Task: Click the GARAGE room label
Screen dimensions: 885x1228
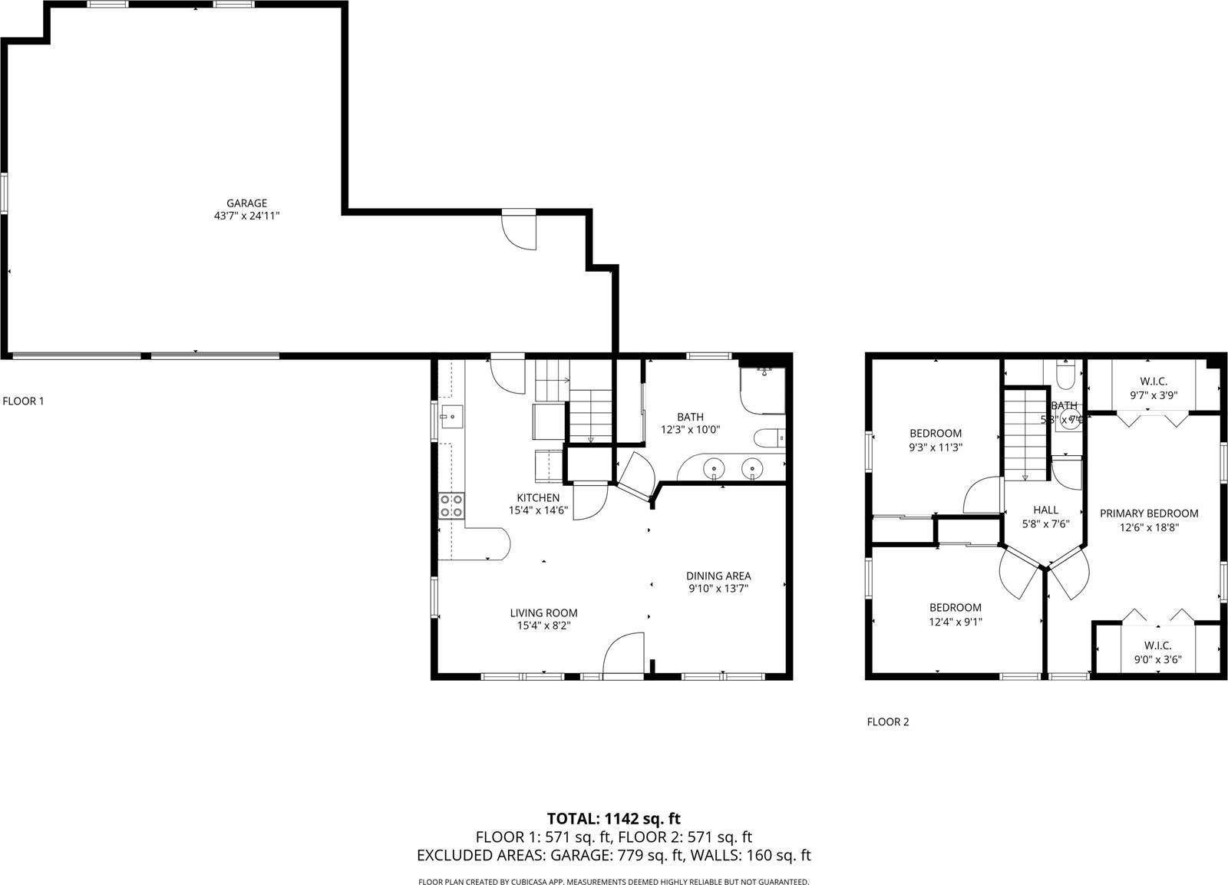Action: [x=246, y=203]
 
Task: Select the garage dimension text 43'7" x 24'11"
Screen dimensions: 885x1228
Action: [x=246, y=216]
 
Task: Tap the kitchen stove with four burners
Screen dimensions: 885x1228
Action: [x=451, y=506]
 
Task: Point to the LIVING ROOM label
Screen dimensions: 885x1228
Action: [x=543, y=613]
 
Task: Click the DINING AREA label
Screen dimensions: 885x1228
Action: [x=718, y=576]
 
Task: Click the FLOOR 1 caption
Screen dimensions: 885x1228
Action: [x=23, y=401]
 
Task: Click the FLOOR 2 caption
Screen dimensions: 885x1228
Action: [x=887, y=722]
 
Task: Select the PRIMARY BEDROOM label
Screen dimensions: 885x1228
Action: [x=1148, y=513]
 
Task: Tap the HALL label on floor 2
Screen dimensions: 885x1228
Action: [x=1045, y=510]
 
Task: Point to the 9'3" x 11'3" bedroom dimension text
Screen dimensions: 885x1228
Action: [x=936, y=447]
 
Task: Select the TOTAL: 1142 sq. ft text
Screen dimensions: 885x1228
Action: [x=613, y=818]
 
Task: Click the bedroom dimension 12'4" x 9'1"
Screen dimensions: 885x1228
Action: [x=955, y=622]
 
